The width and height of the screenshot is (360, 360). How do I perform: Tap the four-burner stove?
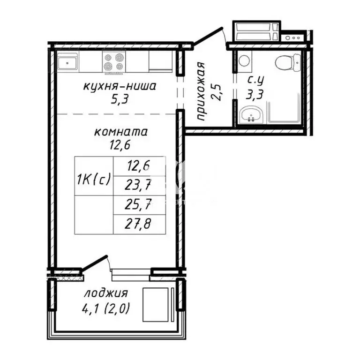coord(114,62)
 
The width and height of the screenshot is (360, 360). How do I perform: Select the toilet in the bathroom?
coord(286,62)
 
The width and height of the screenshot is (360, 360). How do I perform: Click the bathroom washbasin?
coord(250,115)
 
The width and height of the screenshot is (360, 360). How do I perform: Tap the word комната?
coord(121,132)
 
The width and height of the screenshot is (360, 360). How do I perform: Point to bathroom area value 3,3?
coord(255,94)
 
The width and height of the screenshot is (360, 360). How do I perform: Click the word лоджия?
coord(106,294)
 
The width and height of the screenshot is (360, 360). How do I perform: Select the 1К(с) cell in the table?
coord(94,178)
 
